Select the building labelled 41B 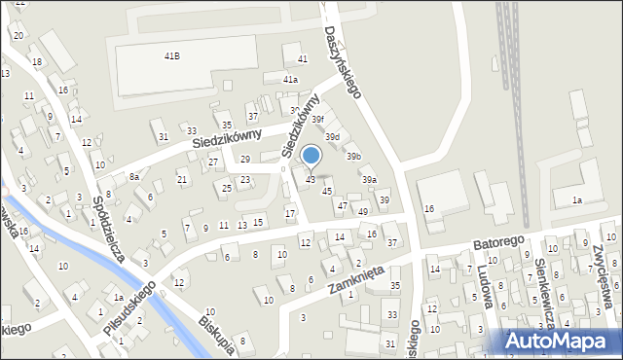coord(171,56)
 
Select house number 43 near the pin coord(311,180)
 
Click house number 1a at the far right coord(576,199)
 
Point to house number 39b coord(354,156)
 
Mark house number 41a coord(290,79)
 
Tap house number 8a coord(134,177)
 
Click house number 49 coord(363,211)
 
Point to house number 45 coord(327,191)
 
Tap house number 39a coord(369,180)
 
